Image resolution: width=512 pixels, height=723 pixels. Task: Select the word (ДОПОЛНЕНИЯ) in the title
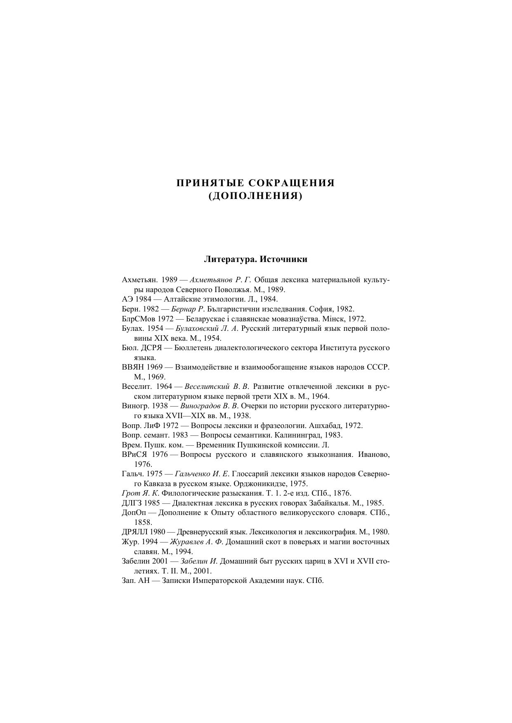[x=255, y=196]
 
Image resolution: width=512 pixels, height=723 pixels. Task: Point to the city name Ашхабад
[x=325, y=426]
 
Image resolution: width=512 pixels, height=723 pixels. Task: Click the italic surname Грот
[x=130, y=493]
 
